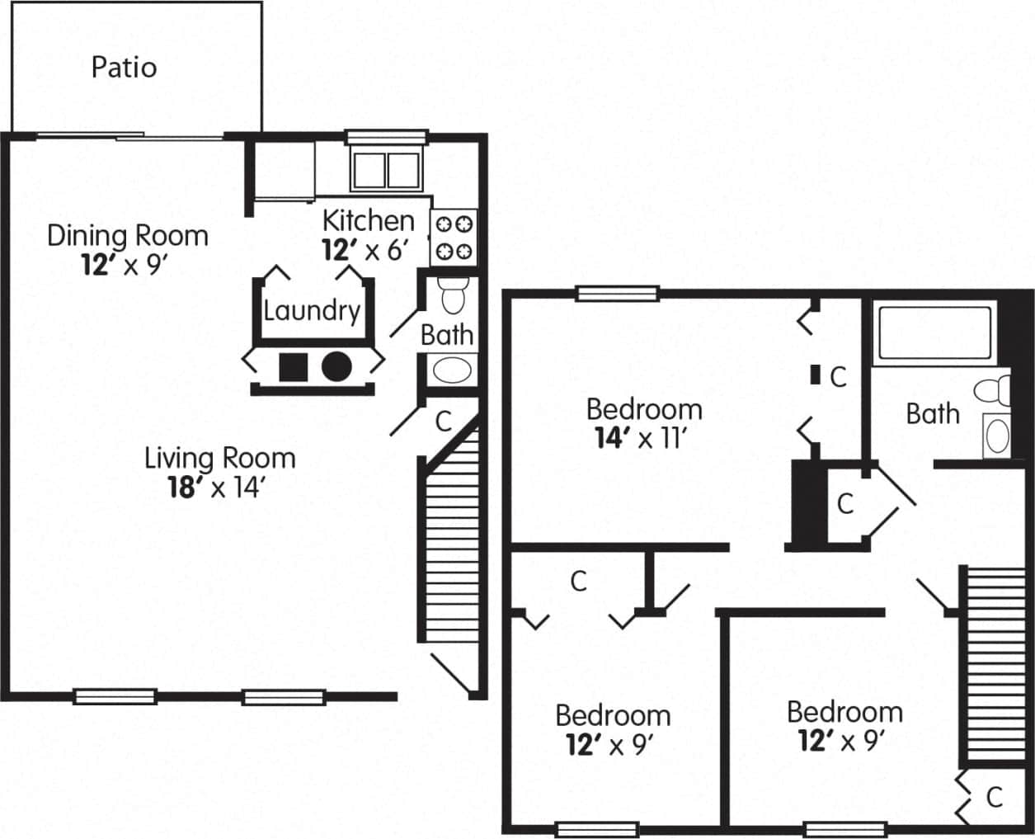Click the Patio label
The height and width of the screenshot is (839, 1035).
124,67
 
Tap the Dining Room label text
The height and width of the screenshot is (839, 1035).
127,235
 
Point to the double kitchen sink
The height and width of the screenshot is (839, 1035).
386,169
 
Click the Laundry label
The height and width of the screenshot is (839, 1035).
312,311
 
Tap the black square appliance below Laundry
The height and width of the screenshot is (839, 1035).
293,366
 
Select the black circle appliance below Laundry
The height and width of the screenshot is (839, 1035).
336,366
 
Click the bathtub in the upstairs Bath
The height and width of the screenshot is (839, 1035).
934,333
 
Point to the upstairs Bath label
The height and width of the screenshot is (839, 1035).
933,412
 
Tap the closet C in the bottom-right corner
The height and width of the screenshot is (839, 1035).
995,797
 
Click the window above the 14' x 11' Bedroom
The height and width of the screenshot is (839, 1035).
617,293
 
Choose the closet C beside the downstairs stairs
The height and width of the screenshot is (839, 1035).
444,421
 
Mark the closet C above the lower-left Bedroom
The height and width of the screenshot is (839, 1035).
579,581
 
